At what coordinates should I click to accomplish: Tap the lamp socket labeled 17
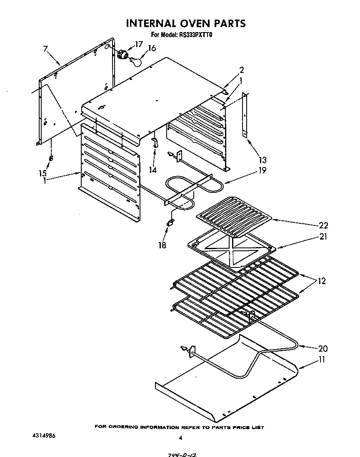(x=122, y=55)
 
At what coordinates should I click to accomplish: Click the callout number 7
(x=45, y=49)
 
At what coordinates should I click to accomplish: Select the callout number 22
(x=323, y=225)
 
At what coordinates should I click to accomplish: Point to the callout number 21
(x=323, y=237)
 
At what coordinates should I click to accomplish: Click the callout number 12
(x=321, y=281)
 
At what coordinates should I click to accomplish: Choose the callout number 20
(x=323, y=349)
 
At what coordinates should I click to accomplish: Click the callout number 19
(x=251, y=170)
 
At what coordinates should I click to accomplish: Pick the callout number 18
(x=162, y=245)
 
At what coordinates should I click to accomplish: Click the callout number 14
(x=154, y=170)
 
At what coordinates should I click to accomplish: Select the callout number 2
(x=241, y=70)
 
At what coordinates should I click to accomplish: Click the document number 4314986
(x=44, y=435)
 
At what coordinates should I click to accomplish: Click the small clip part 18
(x=170, y=224)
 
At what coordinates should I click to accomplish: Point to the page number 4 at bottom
(x=180, y=438)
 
